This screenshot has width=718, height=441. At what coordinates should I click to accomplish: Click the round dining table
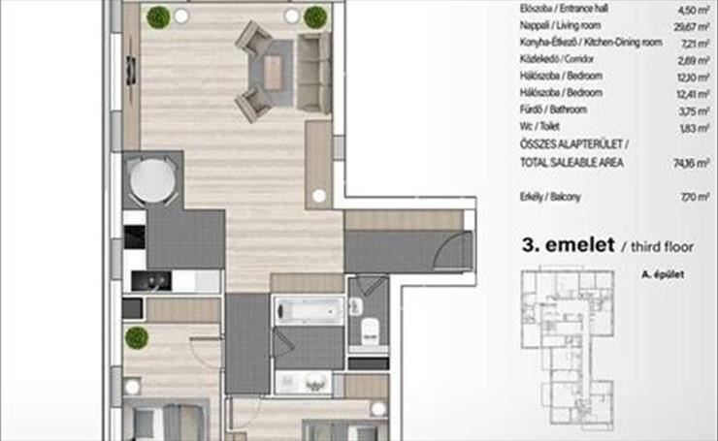pos(152,180)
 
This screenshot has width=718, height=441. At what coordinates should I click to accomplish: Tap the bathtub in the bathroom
pos(310,311)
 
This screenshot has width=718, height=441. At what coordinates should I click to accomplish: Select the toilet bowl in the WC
pos(370,331)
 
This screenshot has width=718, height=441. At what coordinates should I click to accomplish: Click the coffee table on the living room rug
pos(273,73)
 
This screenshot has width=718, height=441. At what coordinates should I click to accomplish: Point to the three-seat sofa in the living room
pos(313,74)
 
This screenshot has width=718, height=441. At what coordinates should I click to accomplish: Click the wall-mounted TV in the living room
pos(131,71)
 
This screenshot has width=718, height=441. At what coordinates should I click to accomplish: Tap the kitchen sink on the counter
pos(151,281)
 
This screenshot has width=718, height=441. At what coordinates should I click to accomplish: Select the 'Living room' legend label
pos(579,25)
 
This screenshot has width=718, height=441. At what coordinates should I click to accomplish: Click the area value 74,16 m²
pos(692,163)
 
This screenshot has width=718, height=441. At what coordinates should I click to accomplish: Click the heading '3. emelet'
pos(569,245)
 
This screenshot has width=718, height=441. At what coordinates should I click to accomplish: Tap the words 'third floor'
pos(662,247)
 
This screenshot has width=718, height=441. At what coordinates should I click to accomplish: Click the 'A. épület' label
pos(663,274)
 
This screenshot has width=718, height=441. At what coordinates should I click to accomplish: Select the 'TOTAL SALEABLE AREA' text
pos(571,163)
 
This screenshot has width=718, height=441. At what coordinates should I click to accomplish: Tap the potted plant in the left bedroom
pos(137,338)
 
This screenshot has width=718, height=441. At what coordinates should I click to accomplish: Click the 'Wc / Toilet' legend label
pos(539,126)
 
